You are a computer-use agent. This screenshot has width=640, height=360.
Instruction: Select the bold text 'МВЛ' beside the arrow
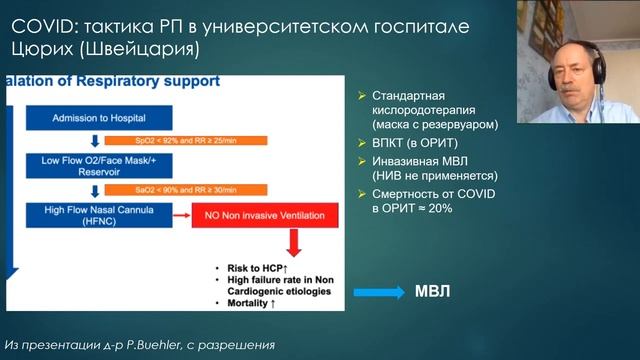coord(433,293)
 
